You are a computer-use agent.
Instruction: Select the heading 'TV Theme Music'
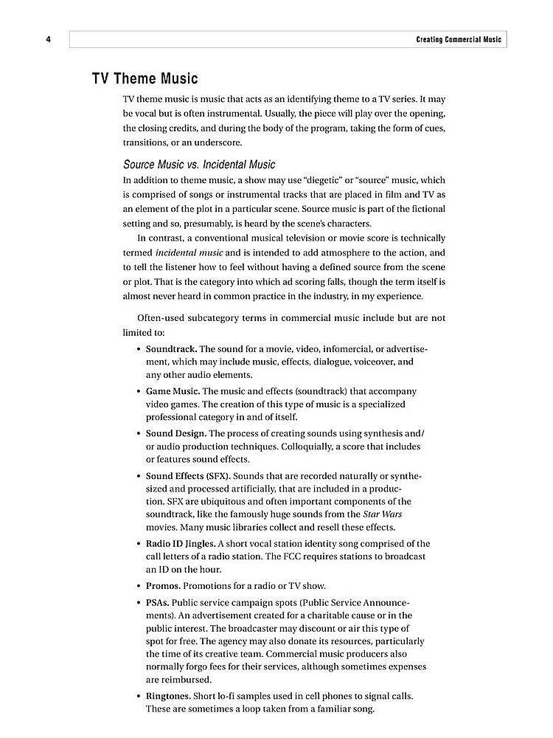[x=145, y=78]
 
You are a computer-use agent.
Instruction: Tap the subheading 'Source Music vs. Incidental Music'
[x=199, y=164]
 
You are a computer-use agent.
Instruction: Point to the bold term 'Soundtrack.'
[x=171, y=348]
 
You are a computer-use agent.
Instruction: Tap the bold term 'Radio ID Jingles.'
[x=184, y=543]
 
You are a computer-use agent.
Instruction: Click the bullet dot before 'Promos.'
[x=139, y=586]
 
